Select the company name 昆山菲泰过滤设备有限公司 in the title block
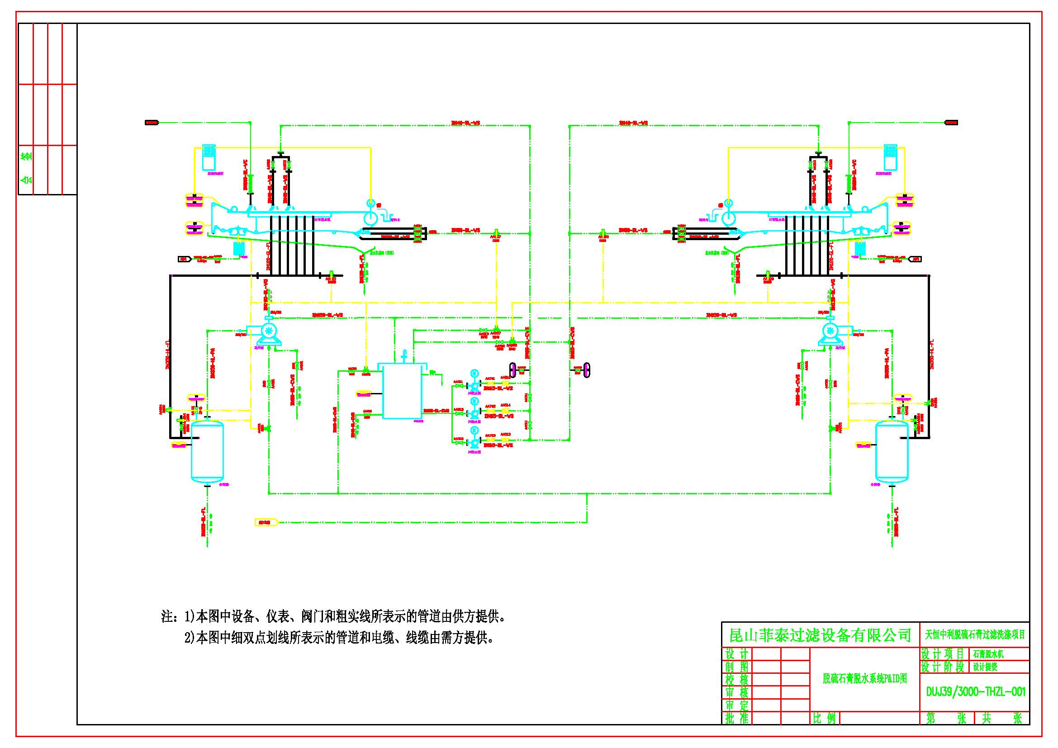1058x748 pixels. (x=820, y=635)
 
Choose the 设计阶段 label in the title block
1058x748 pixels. (x=942, y=667)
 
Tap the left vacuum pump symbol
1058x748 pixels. (x=267, y=331)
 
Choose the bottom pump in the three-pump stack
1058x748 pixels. (x=474, y=442)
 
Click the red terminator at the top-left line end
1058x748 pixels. (x=152, y=123)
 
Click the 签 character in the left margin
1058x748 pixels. (x=28, y=156)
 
